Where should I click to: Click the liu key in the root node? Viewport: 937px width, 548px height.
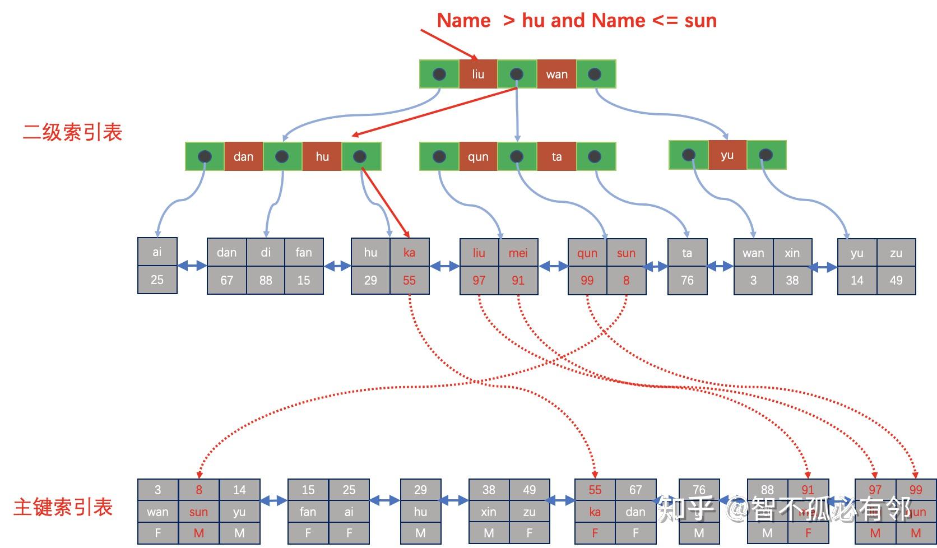tap(477, 74)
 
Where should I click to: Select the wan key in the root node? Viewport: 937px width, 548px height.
tap(556, 74)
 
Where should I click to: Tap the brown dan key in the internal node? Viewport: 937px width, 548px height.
tap(243, 156)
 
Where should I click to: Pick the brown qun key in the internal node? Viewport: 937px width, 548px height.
tap(478, 156)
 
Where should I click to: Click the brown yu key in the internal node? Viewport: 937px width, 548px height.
tap(727, 155)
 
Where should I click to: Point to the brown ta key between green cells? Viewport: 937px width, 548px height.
tap(556, 156)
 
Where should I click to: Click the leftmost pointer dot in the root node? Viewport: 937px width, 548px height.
tap(439, 74)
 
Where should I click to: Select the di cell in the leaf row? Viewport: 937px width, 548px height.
tap(266, 252)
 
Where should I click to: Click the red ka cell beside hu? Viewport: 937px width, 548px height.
tap(409, 252)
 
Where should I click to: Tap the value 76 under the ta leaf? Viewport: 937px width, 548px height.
tap(687, 280)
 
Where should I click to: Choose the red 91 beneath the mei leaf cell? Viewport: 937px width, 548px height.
tap(518, 280)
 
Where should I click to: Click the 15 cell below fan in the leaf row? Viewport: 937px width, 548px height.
tap(304, 280)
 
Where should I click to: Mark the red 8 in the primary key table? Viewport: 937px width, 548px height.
tap(198, 490)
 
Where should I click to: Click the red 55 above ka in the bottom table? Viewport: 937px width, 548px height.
tap(595, 490)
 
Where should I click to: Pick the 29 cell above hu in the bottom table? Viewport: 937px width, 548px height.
tap(420, 490)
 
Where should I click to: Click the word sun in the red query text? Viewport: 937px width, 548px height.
tap(700, 21)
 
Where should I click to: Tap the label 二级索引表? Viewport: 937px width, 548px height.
tap(72, 133)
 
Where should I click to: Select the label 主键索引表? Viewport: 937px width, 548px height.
tap(63, 507)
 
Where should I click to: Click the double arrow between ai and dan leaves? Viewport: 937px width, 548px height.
tap(192, 266)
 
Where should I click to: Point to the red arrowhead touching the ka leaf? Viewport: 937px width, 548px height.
tap(407, 235)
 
